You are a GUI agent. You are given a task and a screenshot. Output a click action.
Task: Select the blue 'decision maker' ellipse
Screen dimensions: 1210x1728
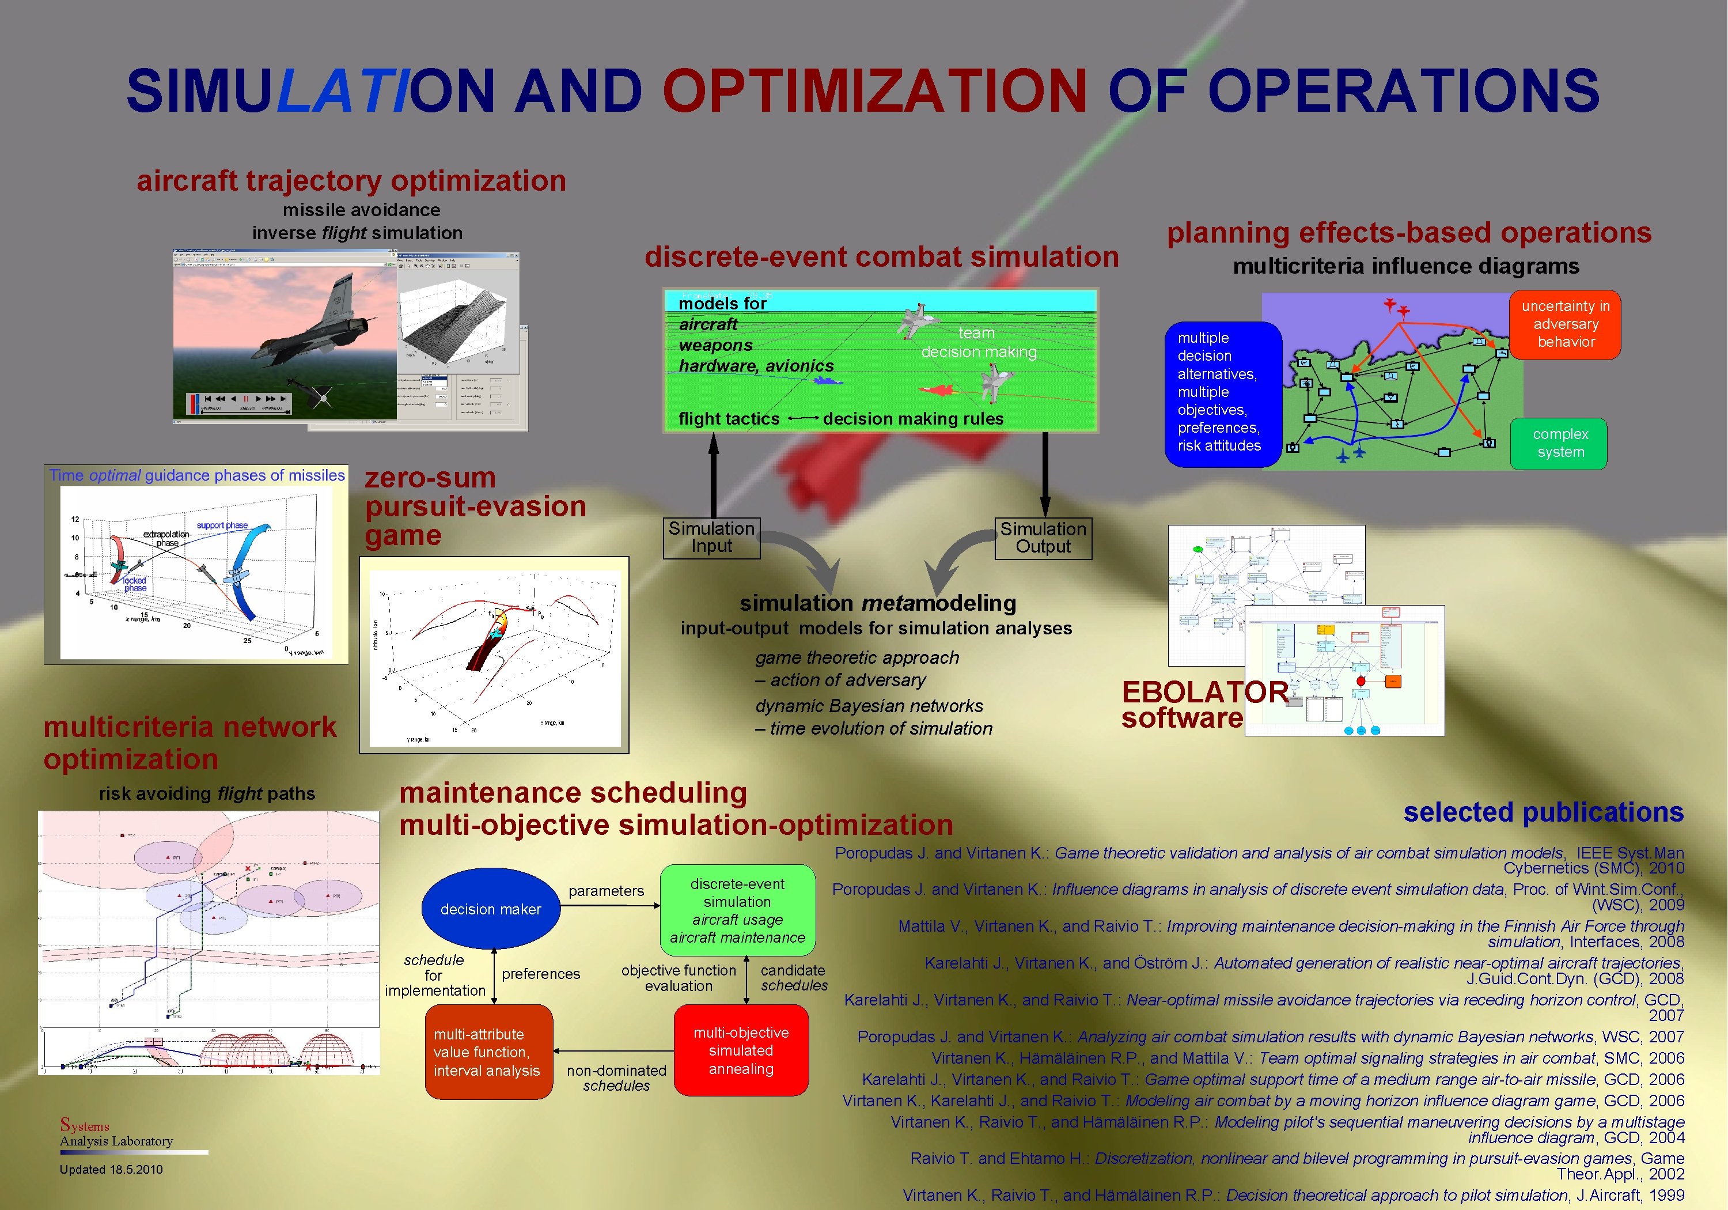491,909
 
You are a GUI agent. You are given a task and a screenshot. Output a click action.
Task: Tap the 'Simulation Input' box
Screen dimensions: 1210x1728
711,538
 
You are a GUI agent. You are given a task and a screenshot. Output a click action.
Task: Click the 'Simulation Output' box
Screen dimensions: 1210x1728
1043,538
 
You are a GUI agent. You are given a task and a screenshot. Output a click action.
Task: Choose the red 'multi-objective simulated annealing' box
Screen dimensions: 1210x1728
741,1050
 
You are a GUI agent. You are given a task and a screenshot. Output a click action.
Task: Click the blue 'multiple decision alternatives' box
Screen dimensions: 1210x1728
1222,392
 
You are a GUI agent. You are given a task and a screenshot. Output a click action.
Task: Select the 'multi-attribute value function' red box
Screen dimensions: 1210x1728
488,1052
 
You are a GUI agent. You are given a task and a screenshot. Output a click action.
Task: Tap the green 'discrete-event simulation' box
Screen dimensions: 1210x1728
737,910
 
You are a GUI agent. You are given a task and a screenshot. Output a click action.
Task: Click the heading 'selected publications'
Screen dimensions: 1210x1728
1543,812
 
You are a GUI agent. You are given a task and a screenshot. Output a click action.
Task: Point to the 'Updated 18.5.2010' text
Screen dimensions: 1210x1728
111,1169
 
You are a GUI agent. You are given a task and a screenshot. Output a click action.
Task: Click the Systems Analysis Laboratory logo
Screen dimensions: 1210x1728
117,1133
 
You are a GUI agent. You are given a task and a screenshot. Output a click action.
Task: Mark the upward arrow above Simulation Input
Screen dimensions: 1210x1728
713,474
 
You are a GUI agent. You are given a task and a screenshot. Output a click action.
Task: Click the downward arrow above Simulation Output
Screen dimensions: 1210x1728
1045,474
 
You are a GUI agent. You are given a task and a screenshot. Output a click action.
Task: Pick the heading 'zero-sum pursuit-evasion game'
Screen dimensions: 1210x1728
475,506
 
